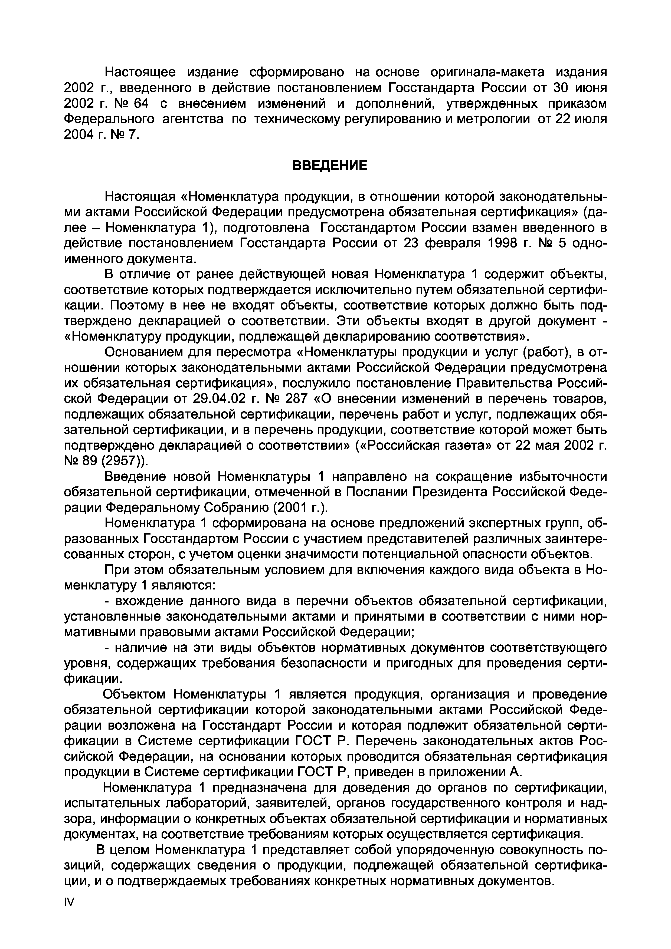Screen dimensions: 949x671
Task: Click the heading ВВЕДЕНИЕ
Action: [329, 166]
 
